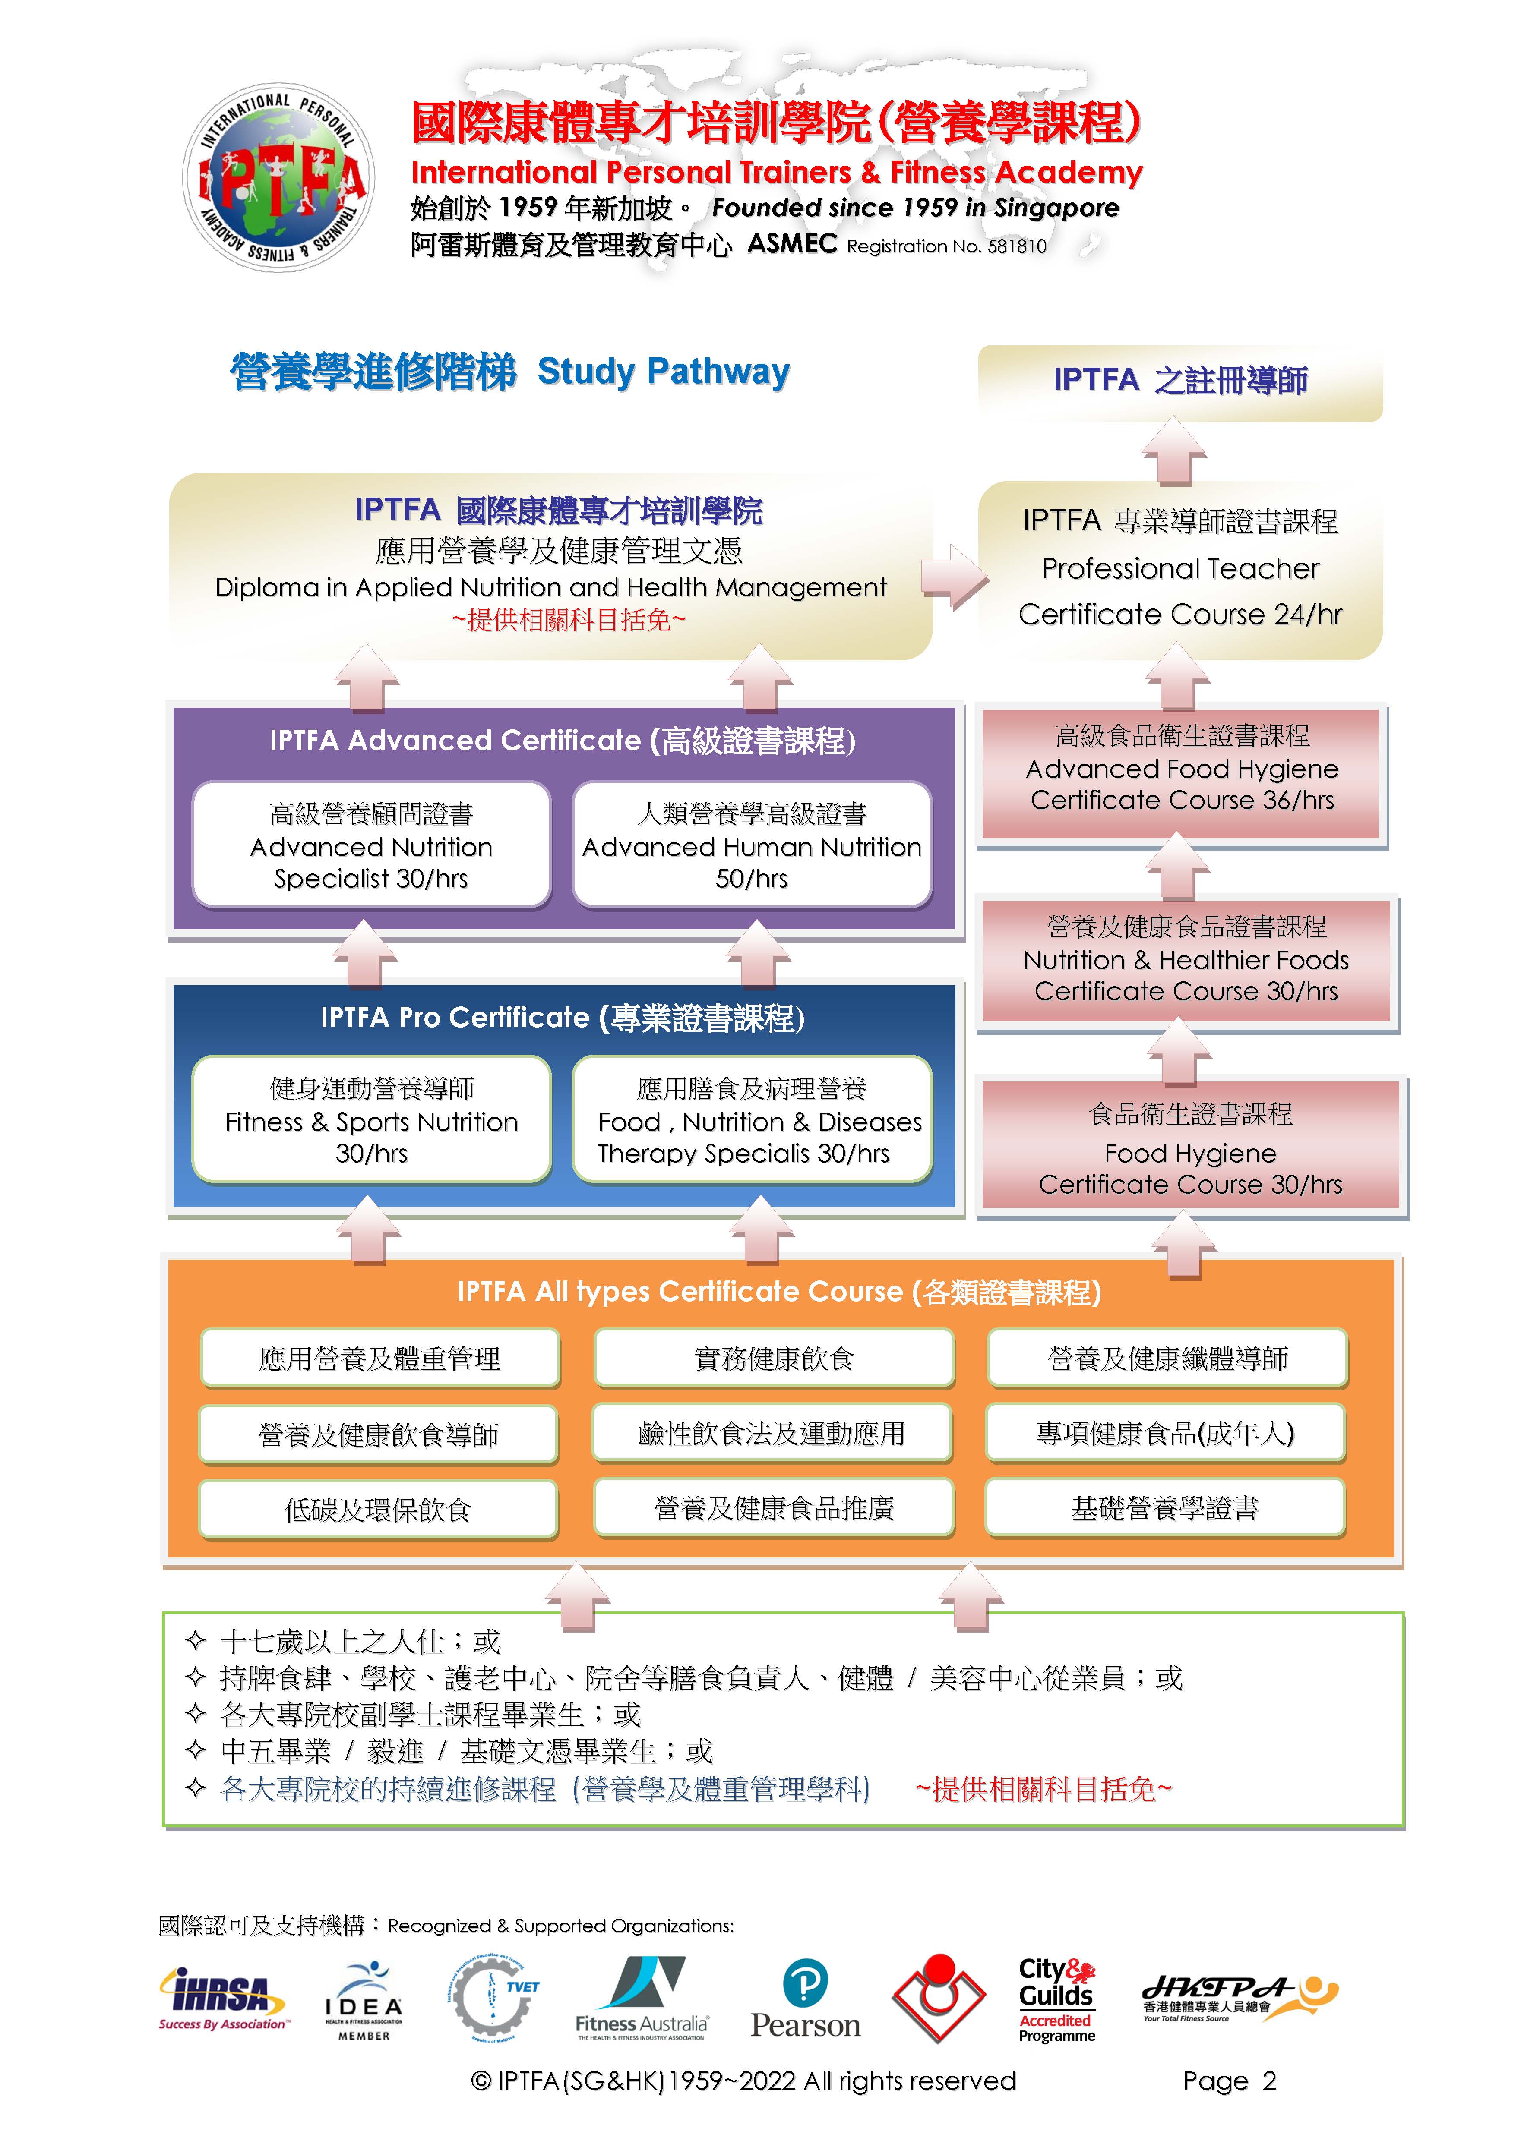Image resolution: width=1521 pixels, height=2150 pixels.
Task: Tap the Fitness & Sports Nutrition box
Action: click(x=371, y=1120)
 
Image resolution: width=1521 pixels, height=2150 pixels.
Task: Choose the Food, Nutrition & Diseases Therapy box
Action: click(x=752, y=1120)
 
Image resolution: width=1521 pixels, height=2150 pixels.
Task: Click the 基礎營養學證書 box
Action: click(x=1165, y=1507)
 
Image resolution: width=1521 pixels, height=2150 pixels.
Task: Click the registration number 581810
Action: click(x=1017, y=246)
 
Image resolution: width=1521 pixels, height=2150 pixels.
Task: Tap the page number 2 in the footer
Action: click(x=1269, y=2081)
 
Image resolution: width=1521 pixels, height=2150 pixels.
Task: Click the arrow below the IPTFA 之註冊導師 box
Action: click(x=1173, y=451)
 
